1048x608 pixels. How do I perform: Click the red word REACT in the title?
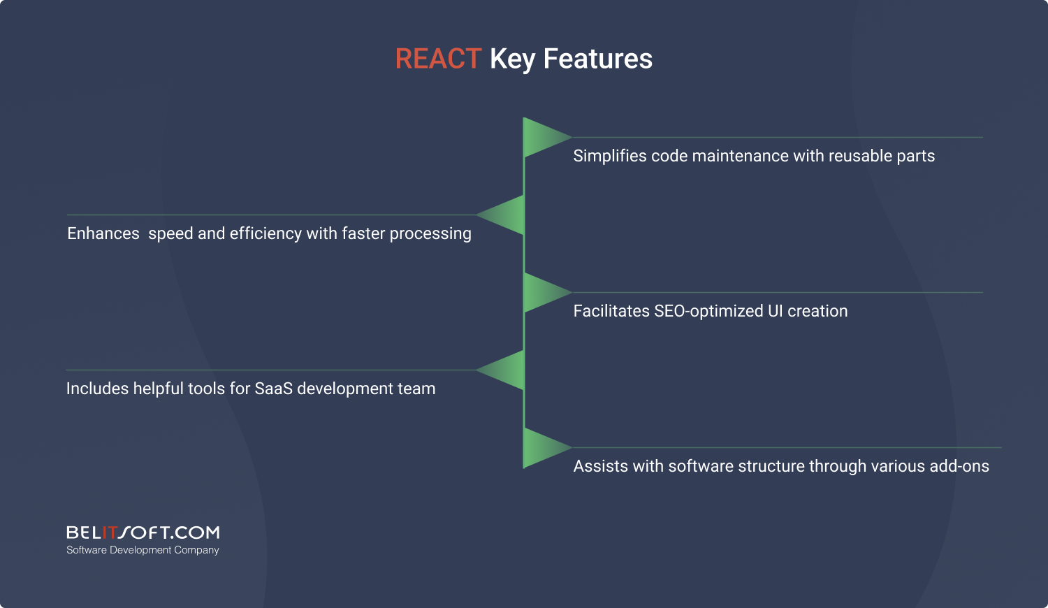[x=438, y=59]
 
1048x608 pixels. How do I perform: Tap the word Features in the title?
[x=598, y=59]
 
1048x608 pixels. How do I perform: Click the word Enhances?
[x=103, y=233]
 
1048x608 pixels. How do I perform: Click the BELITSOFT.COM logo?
[x=143, y=533]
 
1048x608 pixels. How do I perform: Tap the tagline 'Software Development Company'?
[x=143, y=550]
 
